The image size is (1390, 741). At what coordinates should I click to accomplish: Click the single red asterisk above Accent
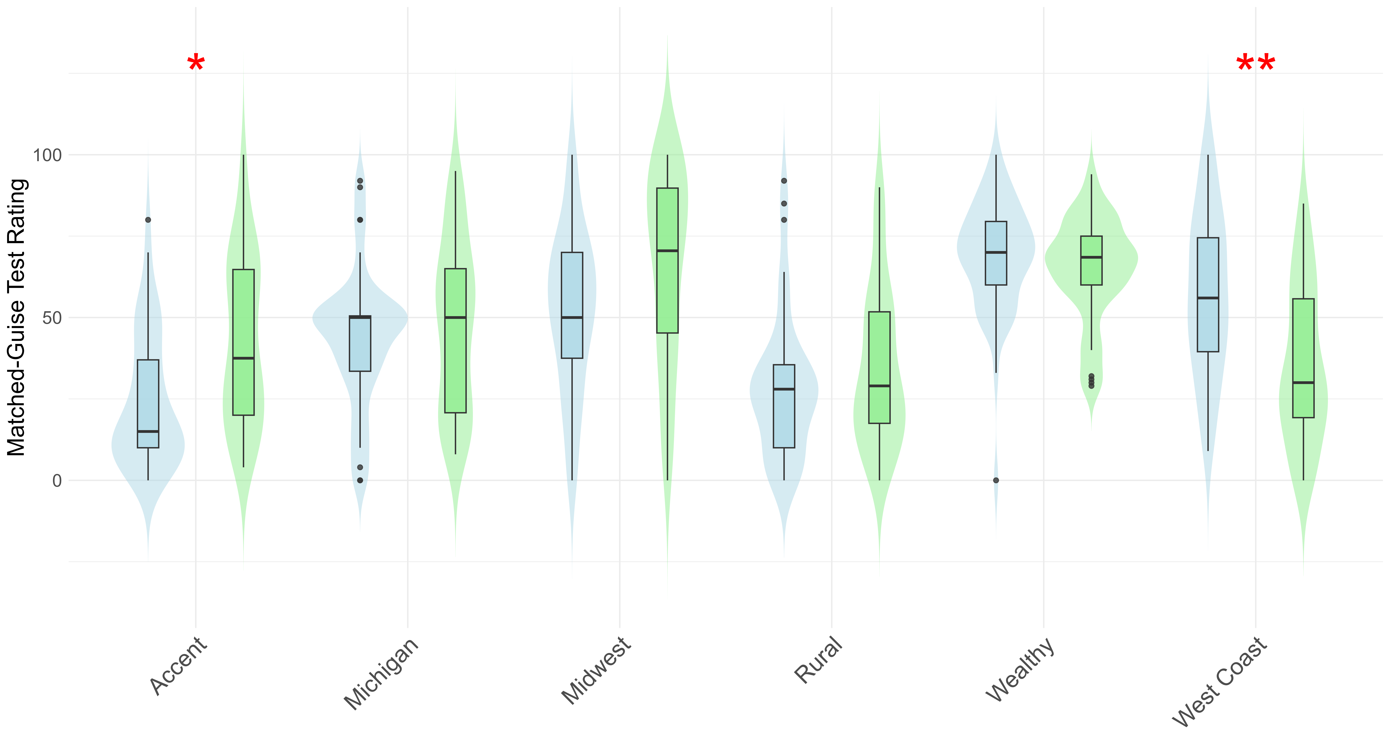[x=196, y=65]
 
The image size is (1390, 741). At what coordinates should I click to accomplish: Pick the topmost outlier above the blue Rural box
[x=784, y=181]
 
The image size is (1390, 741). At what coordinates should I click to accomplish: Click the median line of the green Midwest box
[x=668, y=251]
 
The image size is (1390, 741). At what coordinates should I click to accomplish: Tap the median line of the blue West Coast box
[x=1208, y=298]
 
